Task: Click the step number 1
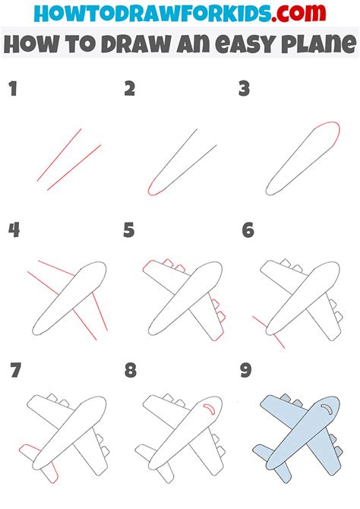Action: point(13,90)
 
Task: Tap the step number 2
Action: point(130,90)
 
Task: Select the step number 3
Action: point(244,90)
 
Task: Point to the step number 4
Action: point(14,229)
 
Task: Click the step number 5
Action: point(130,229)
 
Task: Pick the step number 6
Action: point(248,229)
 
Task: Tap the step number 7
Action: point(15,371)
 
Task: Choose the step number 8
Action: point(131,371)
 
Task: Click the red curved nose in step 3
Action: point(327,128)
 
